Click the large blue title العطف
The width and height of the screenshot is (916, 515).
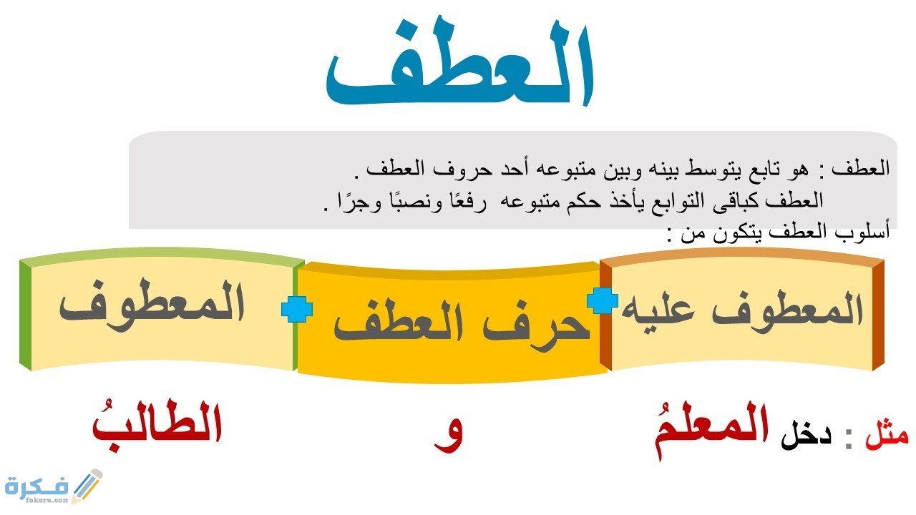(460, 62)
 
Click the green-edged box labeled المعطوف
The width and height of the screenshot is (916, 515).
(162, 310)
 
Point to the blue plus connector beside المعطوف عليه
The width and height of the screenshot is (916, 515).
(603, 301)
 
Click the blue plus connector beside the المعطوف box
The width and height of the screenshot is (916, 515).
(297, 309)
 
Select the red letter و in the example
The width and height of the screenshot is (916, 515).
(448, 436)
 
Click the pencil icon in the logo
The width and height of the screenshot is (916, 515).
(87, 486)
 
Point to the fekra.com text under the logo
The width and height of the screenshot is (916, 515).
(47, 500)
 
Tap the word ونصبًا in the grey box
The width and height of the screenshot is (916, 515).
(411, 201)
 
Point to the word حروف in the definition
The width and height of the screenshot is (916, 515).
(456, 170)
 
